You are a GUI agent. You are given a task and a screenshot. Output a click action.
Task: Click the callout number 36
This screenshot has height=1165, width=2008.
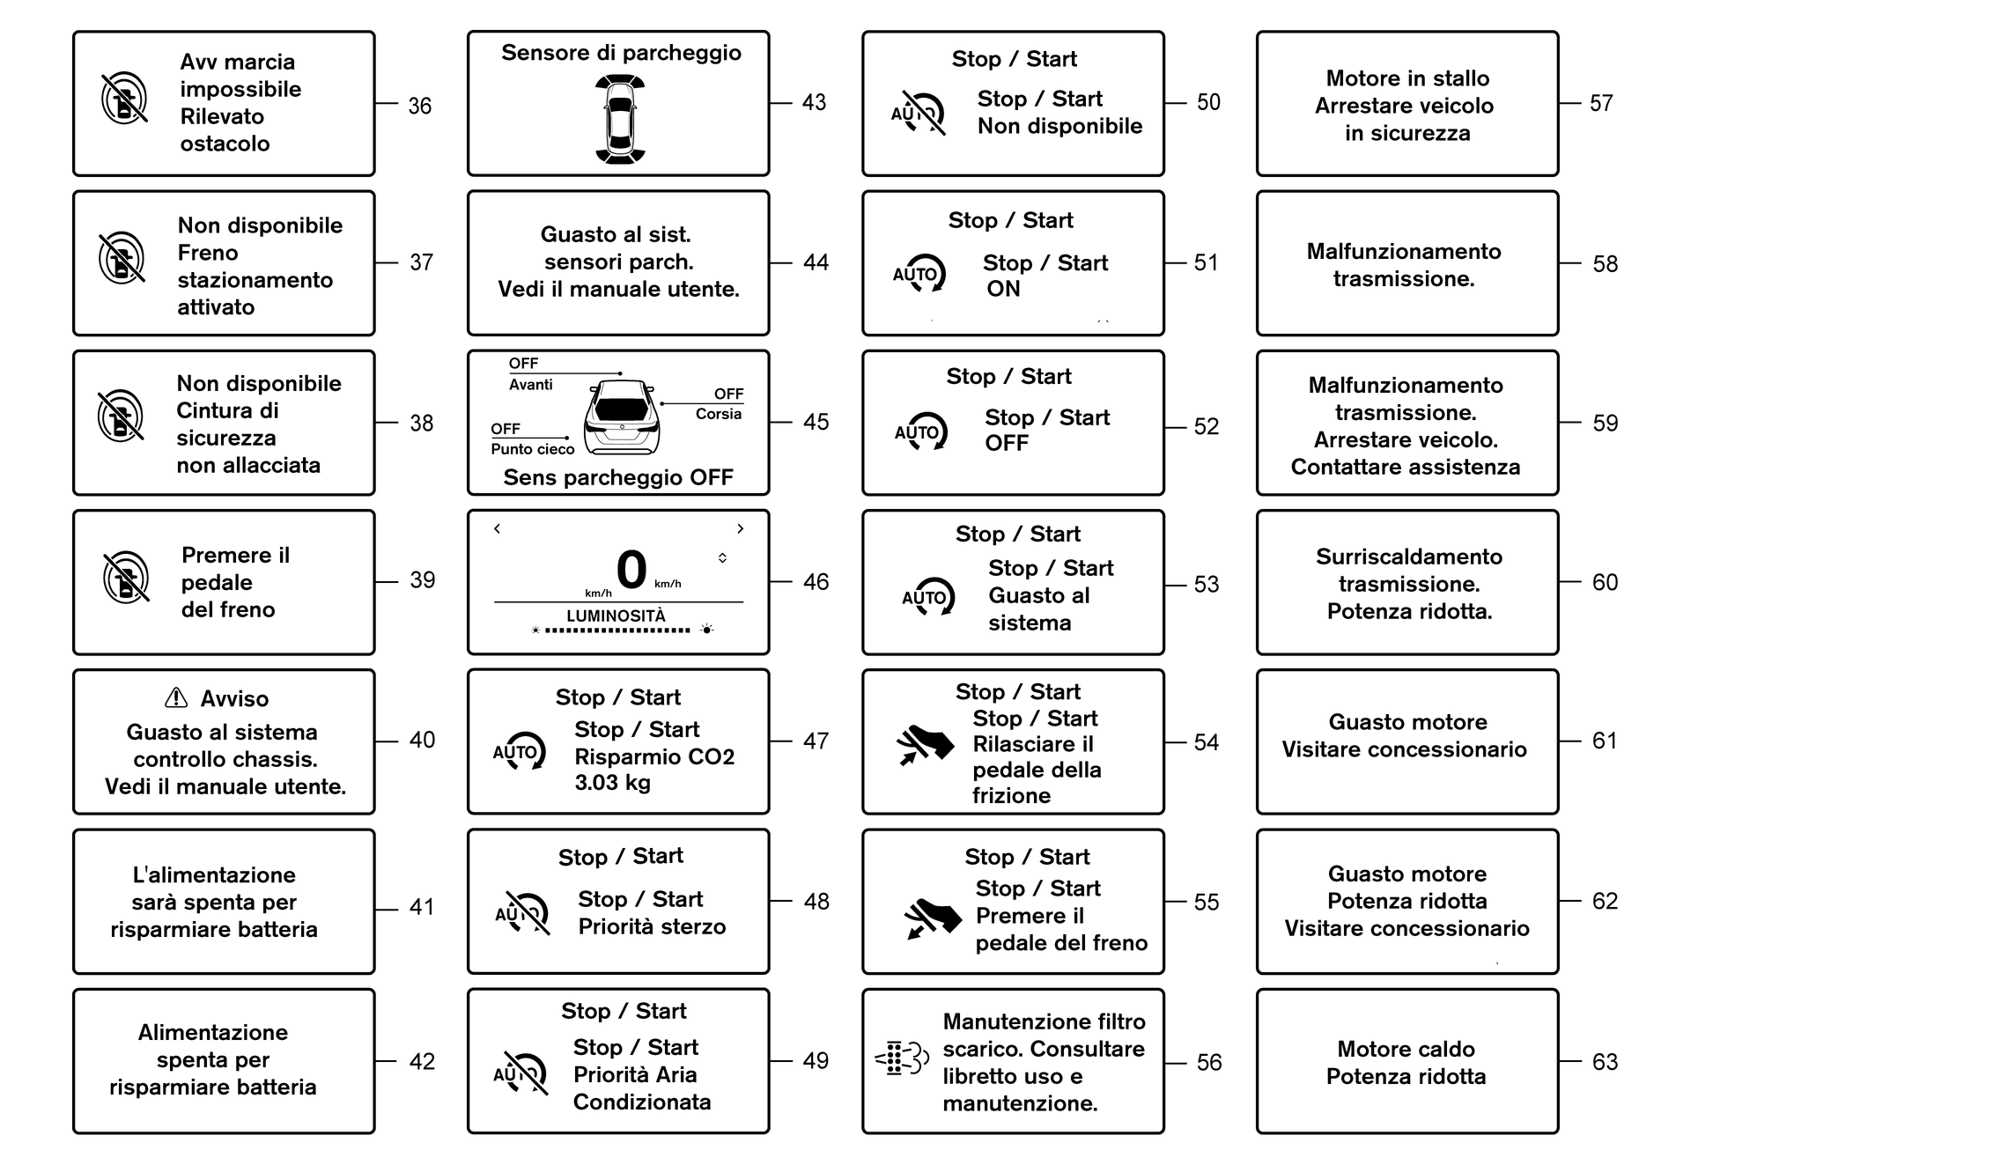pyautogui.click(x=419, y=107)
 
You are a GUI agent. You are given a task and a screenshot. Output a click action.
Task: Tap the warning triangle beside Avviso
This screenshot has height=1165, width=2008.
pyautogui.click(x=176, y=698)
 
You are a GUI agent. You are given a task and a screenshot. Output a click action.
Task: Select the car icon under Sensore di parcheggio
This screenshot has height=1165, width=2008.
pyautogui.click(x=620, y=120)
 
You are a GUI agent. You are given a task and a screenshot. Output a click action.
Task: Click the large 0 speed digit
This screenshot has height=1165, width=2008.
pyautogui.click(x=631, y=569)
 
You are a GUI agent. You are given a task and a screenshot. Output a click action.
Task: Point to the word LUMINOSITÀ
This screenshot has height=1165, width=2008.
pyautogui.click(x=616, y=616)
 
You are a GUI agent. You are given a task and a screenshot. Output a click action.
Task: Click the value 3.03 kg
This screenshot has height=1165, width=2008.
pyautogui.click(x=612, y=782)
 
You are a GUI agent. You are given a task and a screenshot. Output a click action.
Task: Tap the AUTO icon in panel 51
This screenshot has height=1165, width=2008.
pyautogui.click(x=919, y=274)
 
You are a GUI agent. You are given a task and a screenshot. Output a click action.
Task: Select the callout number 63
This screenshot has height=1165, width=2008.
pyautogui.click(x=1605, y=1062)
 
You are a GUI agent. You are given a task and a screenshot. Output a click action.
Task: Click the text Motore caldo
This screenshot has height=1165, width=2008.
pyautogui.click(x=1406, y=1049)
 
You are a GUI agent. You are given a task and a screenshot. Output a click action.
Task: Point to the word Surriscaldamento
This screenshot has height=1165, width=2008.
pyautogui.click(x=1409, y=557)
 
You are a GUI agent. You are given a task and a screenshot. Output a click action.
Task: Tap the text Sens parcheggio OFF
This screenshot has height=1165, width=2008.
pyautogui.click(x=618, y=477)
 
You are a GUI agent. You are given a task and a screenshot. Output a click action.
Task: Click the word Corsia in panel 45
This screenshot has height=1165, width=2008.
pyautogui.click(x=719, y=414)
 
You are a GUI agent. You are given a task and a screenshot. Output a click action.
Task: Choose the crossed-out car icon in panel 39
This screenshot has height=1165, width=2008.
pyautogui.click(x=126, y=579)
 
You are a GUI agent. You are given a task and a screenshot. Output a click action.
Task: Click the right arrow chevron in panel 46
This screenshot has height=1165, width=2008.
pyautogui.click(x=741, y=528)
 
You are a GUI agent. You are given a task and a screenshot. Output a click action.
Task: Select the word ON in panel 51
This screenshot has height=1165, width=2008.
pyautogui.click(x=1003, y=289)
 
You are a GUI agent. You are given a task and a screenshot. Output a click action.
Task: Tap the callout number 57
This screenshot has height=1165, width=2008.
pyautogui.click(x=1601, y=103)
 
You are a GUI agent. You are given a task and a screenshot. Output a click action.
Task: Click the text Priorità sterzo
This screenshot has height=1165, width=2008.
pyautogui.click(x=652, y=926)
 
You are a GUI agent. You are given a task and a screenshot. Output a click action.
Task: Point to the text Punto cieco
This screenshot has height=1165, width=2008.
pyautogui.click(x=532, y=449)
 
